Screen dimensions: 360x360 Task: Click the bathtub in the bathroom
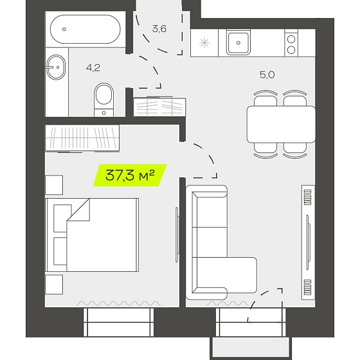[x=85, y=29]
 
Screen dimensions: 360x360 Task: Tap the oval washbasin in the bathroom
[x=56, y=67]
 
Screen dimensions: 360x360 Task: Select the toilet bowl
[x=104, y=100]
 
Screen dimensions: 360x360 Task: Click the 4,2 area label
[x=93, y=68]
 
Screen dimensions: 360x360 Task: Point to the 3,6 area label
[x=159, y=29]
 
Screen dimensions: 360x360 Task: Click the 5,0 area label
[x=267, y=75]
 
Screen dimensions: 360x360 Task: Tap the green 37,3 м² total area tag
[x=130, y=175]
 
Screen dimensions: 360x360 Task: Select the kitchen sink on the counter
[x=239, y=42]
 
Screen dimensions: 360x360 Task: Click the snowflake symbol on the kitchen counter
[x=204, y=43]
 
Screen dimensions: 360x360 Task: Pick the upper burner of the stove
[x=291, y=39]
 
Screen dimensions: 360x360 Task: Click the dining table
[x=281, y=125]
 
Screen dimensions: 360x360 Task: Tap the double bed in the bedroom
[x=92, y=235]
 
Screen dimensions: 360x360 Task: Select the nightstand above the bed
[x=54, y=185]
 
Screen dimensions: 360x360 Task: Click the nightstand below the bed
[x=54, y=284]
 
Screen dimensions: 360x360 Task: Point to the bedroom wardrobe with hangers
[x=82, y=138]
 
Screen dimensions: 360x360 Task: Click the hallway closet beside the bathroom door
[x=159, y=107]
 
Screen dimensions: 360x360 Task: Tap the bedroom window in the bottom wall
[x=118, y=322]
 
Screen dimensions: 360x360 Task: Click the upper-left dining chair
[x=265, y=98]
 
